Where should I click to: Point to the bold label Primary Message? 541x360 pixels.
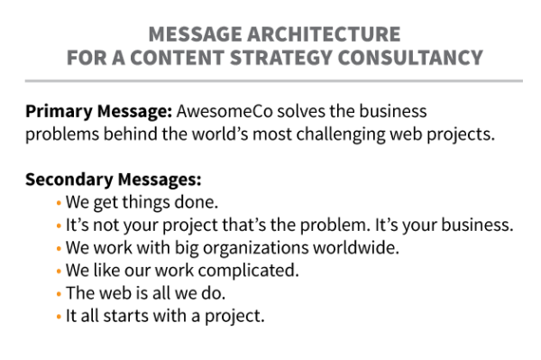coord(98,113)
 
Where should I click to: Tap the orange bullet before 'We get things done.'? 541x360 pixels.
coord(59,202)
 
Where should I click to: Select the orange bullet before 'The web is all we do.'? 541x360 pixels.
coord(59,294)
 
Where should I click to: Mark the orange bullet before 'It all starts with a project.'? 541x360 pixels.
coord(59,317)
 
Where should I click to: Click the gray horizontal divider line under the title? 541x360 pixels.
coord(270,81)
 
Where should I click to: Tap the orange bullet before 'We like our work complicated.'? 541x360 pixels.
coord(59,271)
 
